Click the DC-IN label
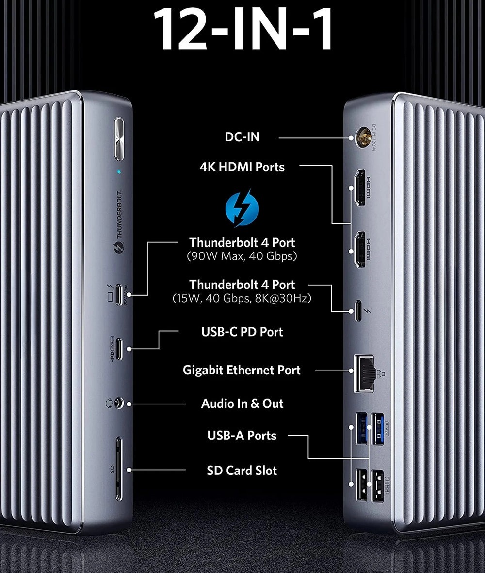point(242,137)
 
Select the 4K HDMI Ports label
point(242,167)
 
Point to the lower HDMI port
point(360,249)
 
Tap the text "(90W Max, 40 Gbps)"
point(242,256)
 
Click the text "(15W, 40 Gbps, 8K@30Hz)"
point(242,298)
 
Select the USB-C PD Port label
point(242,332)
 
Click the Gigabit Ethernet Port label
point(242,370)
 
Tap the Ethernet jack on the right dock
point(365,373)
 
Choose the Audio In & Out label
point(242,404)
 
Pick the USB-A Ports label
point(242,436)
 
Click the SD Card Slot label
point(242,471)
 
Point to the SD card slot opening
point(119,469)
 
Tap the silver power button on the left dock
point(119,139)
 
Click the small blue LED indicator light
point(119,171)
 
